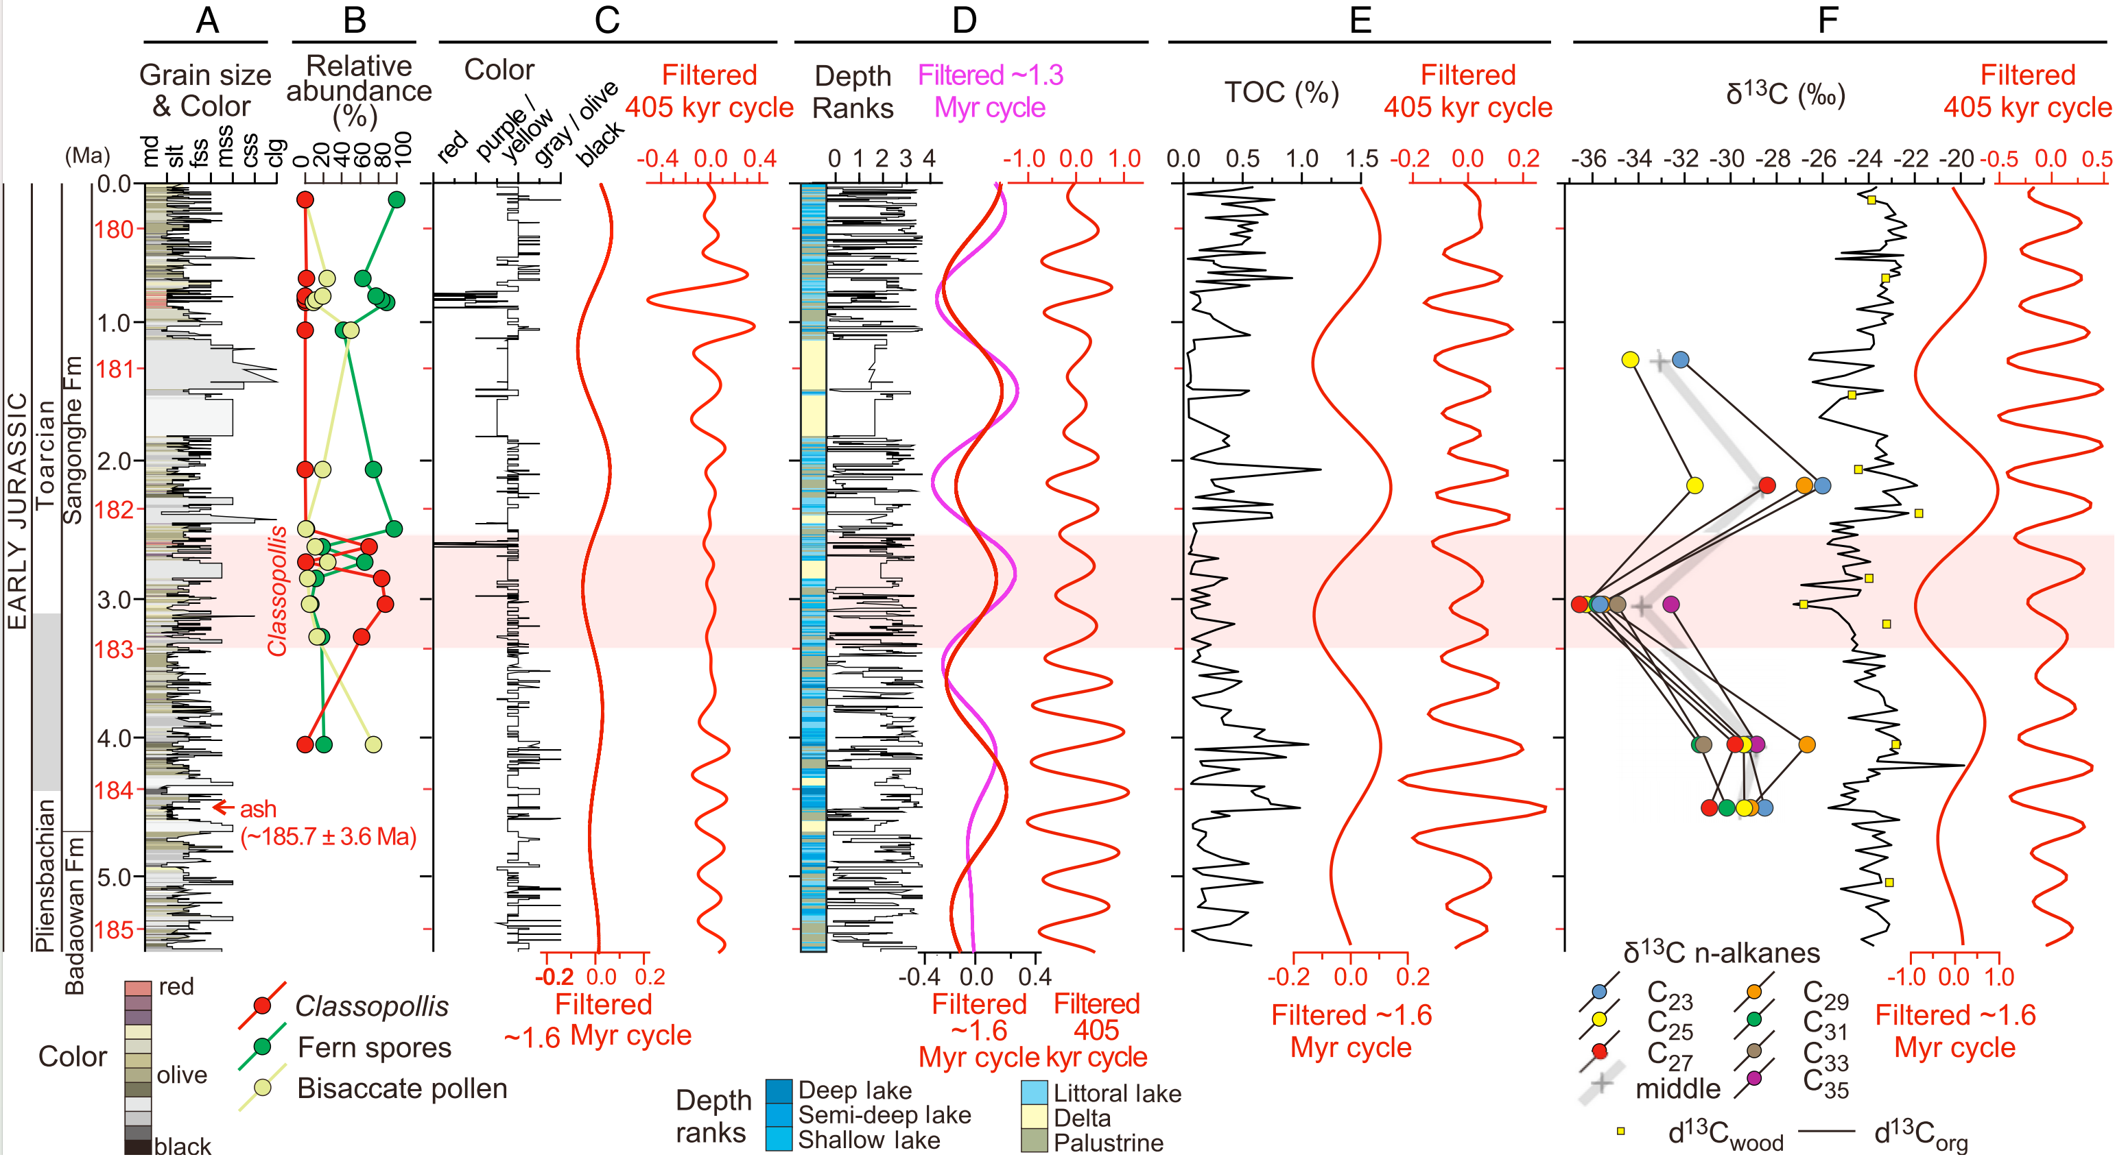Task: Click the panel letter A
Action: coord(207,20)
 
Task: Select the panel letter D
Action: coord(964,20)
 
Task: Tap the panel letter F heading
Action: coord(1828,20)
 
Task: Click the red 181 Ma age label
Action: coord(114,369)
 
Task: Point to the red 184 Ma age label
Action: coord(114,790)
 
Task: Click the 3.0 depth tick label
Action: coord(114,600)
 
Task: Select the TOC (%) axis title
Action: coord(1281,93)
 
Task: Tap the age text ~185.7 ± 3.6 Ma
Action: coord(329,837)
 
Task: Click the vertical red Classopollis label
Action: coord(278,590)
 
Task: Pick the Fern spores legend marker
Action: coord(263,1046)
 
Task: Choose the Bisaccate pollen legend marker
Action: coord(263,1087)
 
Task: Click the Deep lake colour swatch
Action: coord(779,1091)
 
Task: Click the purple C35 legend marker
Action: coord(1755,1078)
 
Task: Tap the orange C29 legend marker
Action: coord(1755,992)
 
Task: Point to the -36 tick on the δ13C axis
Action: coord(1588,158)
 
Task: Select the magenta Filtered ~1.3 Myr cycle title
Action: coord(990,91)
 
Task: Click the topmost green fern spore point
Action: coord(397,200)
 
